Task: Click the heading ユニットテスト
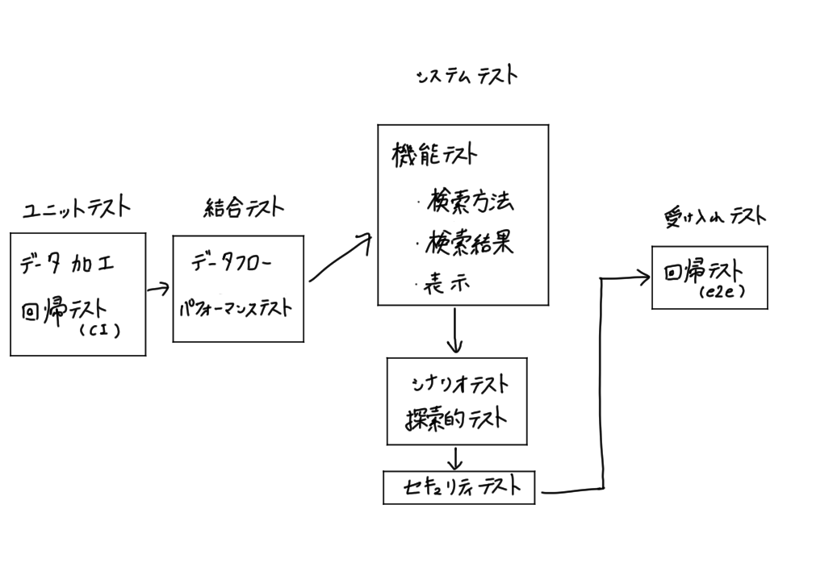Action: pyautogui.click(x=76, y=208)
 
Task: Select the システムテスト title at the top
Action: pyautogui.click(x=467, y=76)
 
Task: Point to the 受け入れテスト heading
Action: pyautogui.click(x=714, y=216)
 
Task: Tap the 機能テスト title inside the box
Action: pyautogui.click(x=434, y=154)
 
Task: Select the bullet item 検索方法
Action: pyautogui.click(x=469, y=201)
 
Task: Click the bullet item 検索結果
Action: pyautogui.click(x=469, y=242)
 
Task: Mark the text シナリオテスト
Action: pyautogui.click(x=458, y=384)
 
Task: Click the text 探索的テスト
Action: pyautogui.click(x=456, y=419)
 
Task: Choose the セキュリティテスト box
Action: pyautogui.click(x=458, y=487)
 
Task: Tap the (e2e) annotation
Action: pyautogui.click(x=722, y=294)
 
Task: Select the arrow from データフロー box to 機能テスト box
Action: pyautogui.click(x=340, y=258)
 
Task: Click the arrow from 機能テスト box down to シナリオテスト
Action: pyautogui.click(x=455, y=331)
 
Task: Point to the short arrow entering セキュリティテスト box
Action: pyautogui.click(x=455, y=458)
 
